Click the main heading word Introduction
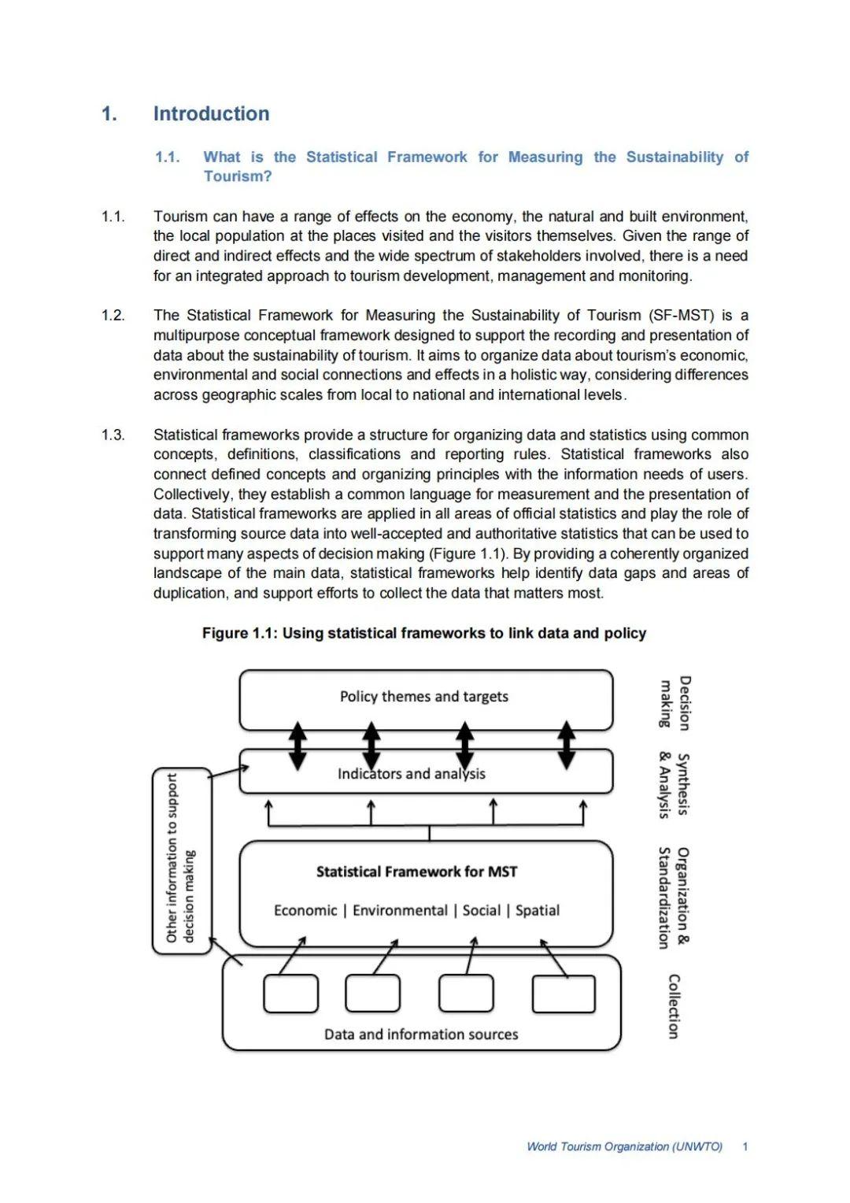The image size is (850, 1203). (211, 114)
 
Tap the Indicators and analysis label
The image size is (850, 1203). (411, 774)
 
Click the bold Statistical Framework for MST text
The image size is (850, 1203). (416, 872)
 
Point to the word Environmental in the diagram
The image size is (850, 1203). (400, 911)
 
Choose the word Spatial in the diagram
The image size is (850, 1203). (538, 911)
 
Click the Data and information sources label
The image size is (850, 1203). (421, 1035)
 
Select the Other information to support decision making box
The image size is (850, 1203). (182, 861)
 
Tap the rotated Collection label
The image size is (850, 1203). (674, 1006)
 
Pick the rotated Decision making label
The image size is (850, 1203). (675, 703)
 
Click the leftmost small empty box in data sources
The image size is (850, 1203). (290, 994)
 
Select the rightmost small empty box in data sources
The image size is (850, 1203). (564, 994)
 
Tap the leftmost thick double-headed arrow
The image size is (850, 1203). (297, 746)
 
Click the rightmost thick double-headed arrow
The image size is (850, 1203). (567, 746)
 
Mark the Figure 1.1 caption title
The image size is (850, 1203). (424, 634)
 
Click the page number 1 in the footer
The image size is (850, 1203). (745, 1147)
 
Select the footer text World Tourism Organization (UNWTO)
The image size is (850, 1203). (624, 1147)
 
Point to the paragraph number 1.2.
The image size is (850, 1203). (113, 316)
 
